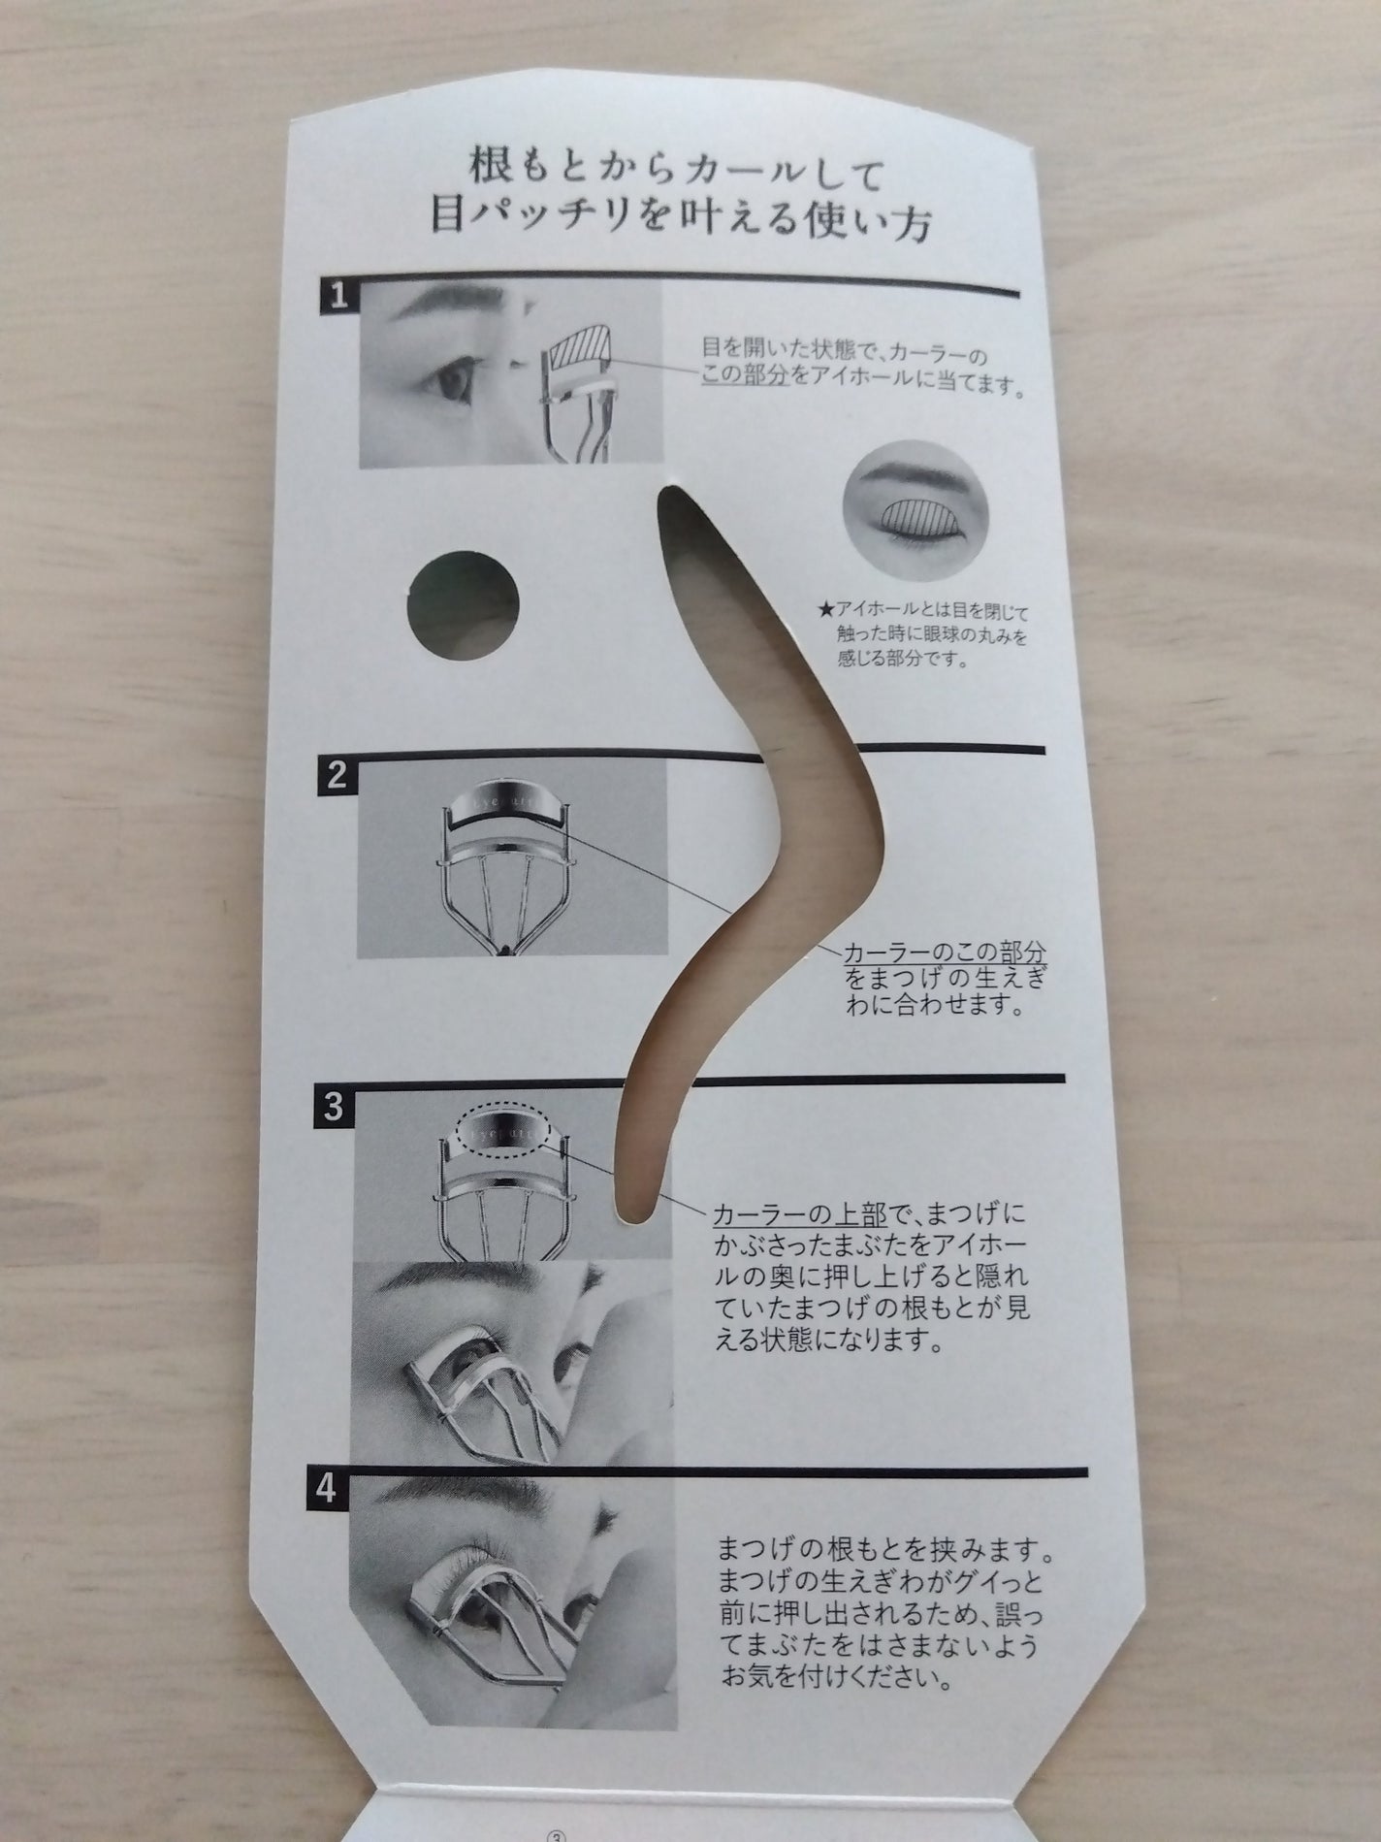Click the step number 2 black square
click(336, 773)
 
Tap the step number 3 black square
click(333, 1108)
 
